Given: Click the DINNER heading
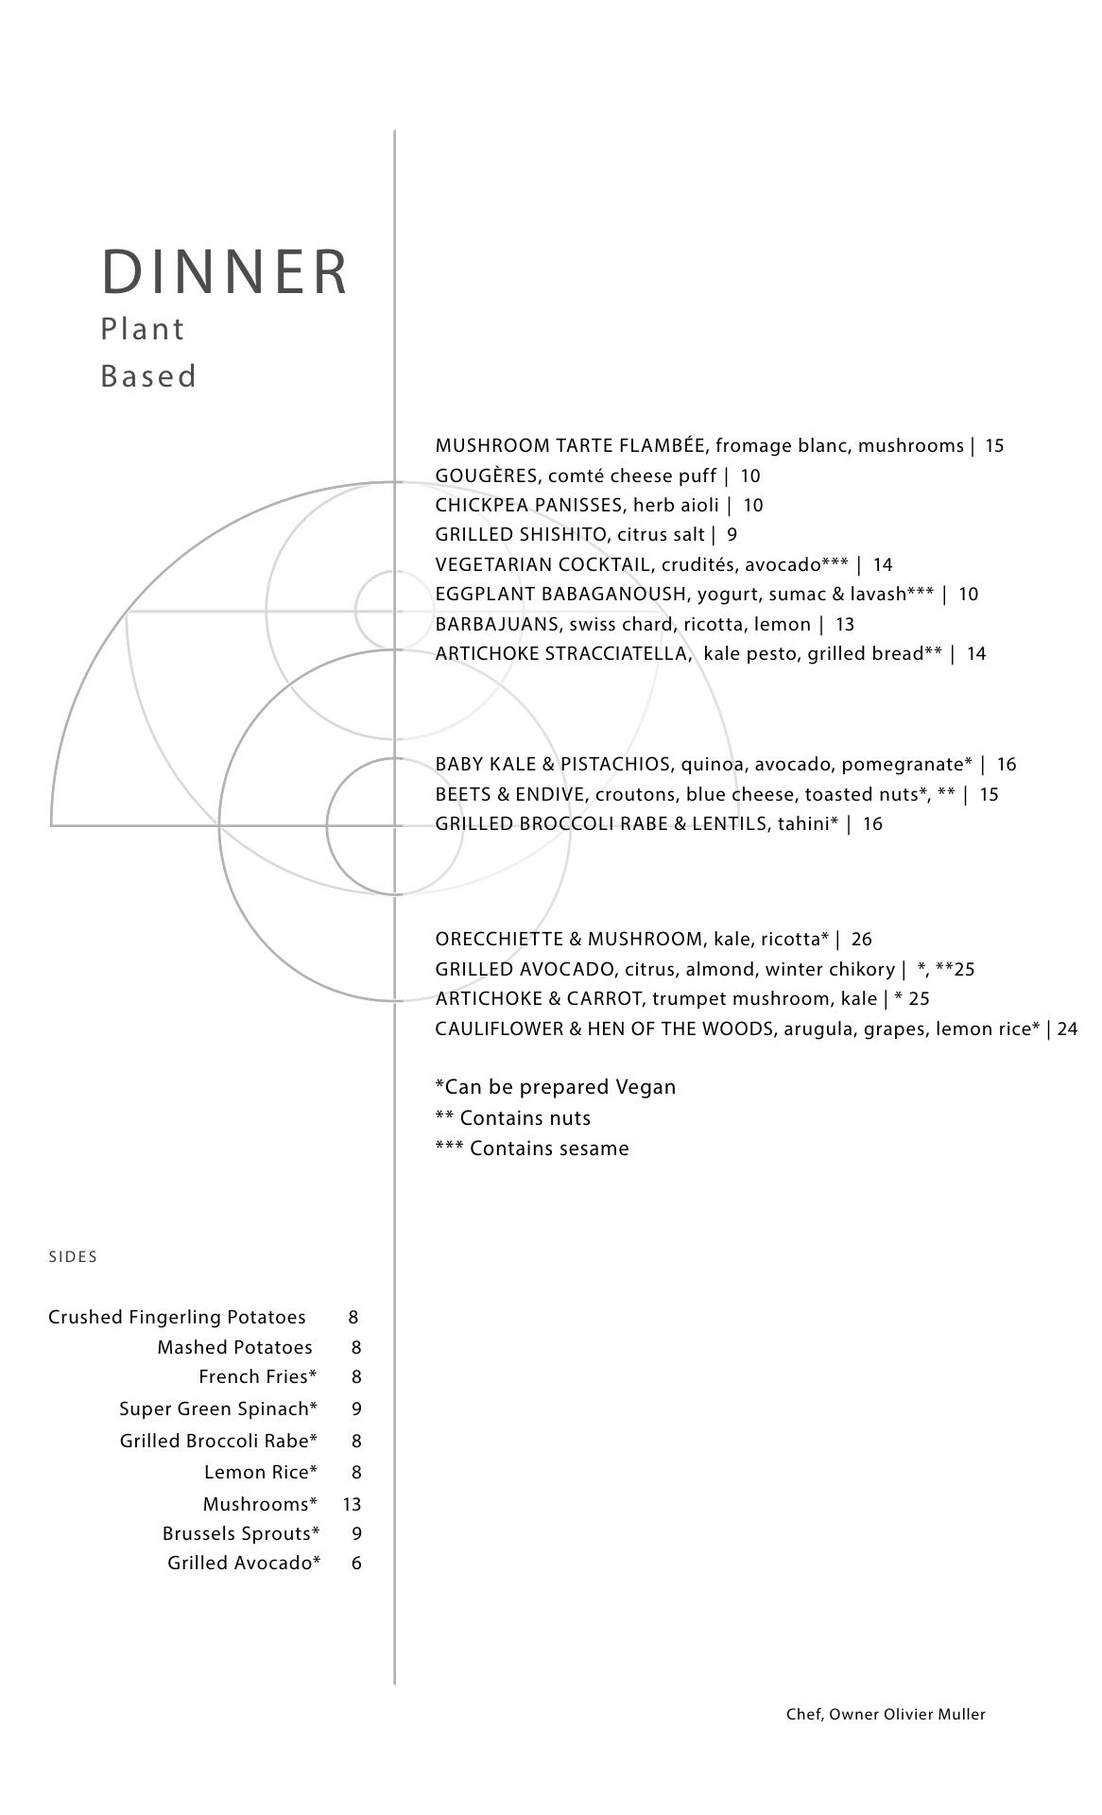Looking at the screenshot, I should coord(225,272).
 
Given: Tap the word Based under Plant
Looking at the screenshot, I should coord(148,376).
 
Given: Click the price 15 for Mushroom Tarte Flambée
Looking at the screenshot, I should coord(994,445).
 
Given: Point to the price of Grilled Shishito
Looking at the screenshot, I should coord(732,535).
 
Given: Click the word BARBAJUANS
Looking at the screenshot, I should coord(497,624).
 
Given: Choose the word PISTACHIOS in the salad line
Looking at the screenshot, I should coord(614,764).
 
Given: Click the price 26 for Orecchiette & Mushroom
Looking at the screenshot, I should coord(861,939).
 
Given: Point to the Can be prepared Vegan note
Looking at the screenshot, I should coord(556,1087).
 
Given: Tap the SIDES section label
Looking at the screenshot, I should coord(73,1256).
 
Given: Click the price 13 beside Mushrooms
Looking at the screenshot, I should coord(352,1504).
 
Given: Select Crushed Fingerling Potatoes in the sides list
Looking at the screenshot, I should coord(177,1317).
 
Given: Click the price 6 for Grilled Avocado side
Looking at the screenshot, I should coord(356,1563).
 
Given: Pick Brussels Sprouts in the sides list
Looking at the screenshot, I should coord(240,1533).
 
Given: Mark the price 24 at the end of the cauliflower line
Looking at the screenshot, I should coord(1067,1028).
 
